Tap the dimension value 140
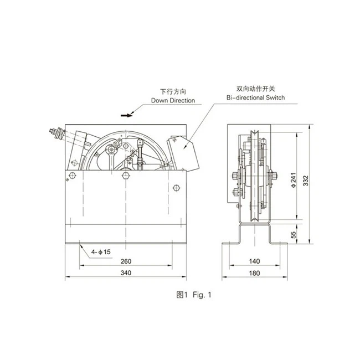click(x=254, y=261)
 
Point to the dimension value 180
click(x=254, y=272)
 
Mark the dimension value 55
click(x=293, y=235)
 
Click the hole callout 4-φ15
click(x=101, y=253)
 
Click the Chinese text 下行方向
click(x=171, y=91)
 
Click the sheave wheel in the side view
click(x=253, y=174)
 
